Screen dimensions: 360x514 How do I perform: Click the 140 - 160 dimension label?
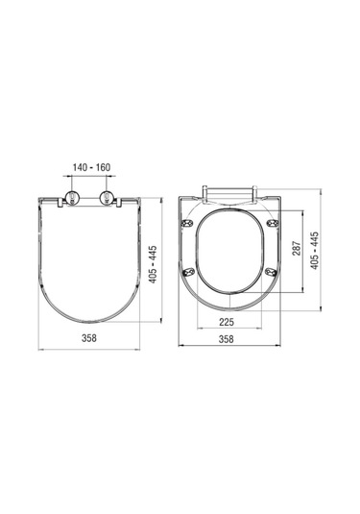click(91, 167)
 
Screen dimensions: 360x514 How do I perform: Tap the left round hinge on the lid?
click(73, 197)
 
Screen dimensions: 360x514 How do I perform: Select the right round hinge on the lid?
click(107, 197)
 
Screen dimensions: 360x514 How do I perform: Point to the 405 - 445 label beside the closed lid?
click(153, 264)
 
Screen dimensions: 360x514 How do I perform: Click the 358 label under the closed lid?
click(89, 338)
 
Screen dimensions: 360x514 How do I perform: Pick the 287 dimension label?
click(296, 249)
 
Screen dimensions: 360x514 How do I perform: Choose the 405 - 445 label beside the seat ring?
click(315, 251)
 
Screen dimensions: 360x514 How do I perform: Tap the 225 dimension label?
click(227, 322)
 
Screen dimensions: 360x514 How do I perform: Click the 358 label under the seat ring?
click(227, 339)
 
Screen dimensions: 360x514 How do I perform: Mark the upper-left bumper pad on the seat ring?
click(188, 223)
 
